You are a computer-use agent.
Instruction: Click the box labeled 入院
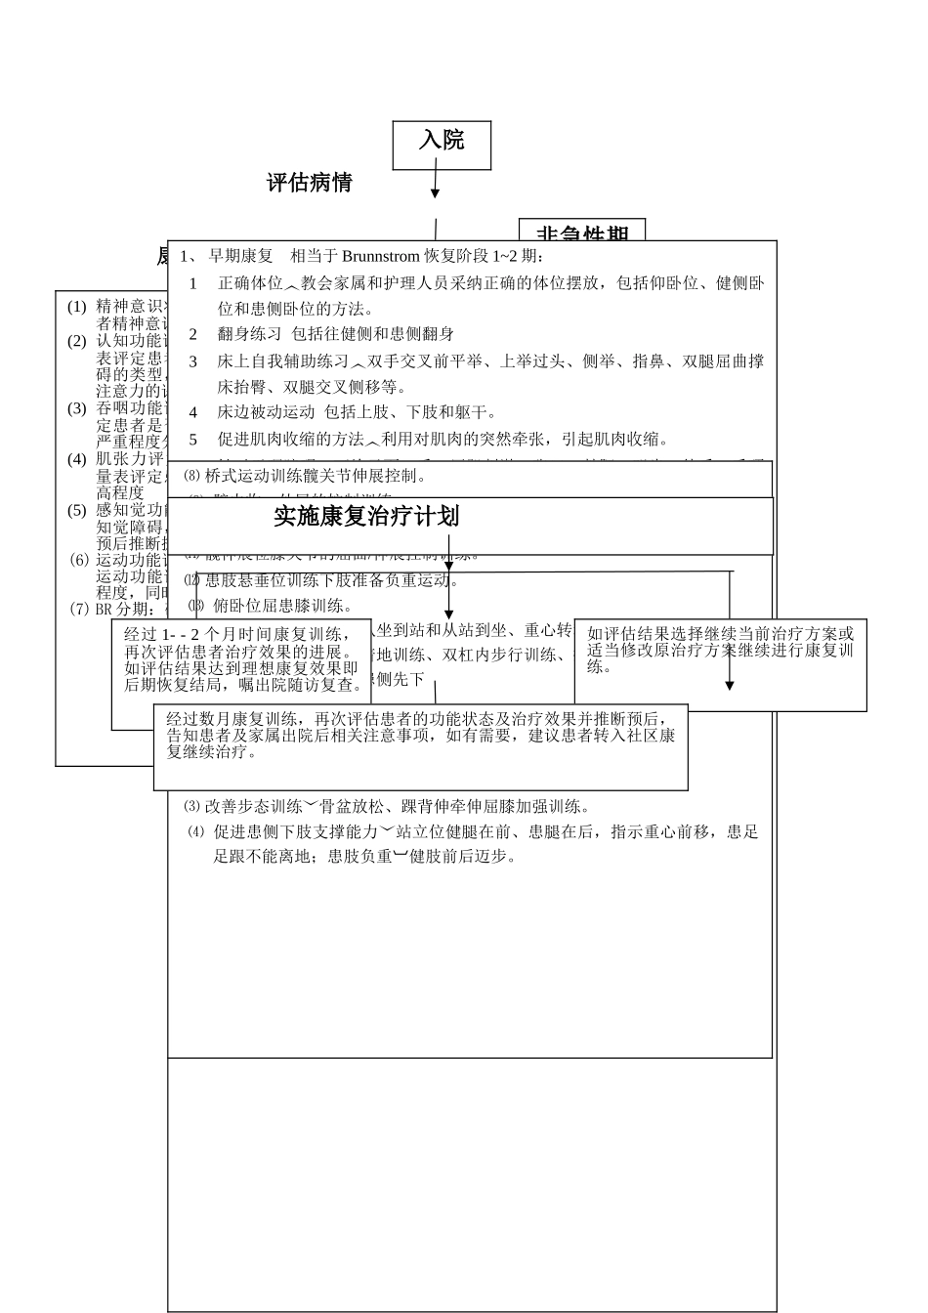(x=442, y=145)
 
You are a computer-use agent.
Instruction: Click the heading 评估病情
(x=310, y=183)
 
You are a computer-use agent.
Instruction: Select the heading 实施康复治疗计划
(x=366, y=516)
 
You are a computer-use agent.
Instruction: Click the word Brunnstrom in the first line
(x=381, y=257)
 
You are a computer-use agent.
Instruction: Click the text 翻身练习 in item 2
(x=248, y=334)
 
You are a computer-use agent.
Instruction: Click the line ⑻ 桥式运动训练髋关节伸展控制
(x=305, y=477)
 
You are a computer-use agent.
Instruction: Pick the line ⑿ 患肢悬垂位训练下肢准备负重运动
(x=322, y=580)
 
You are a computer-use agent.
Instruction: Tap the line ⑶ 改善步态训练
(x=386, y=807)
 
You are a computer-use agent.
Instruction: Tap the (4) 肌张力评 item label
(x=118, y=459)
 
